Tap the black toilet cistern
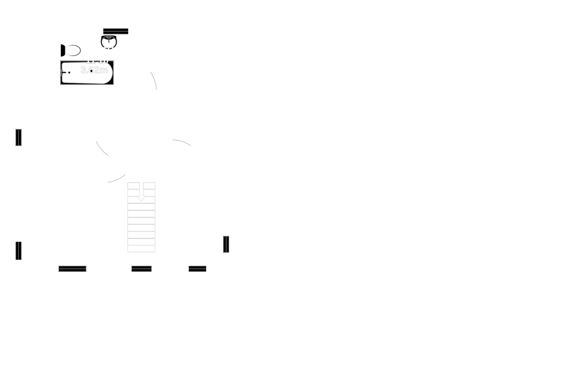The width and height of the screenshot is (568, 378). point(62,51)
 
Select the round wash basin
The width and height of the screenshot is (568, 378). point(108,42)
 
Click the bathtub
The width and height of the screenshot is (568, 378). point(87,73)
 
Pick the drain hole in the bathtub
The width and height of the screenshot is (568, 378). point(69,73)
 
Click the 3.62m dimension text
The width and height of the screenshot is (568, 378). point(94,70)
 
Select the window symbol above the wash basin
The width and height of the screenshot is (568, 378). point(116,31)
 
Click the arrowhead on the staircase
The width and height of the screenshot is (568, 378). point(141,199)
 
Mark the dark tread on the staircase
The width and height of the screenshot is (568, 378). point(141,233)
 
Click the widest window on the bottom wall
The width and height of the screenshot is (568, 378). point(72,269)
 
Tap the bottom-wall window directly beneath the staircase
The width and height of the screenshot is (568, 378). point(142,269)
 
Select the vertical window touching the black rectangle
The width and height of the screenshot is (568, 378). point(226,244)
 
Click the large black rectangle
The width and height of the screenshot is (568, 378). point(398,195)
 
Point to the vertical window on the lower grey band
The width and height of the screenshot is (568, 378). point(19,251)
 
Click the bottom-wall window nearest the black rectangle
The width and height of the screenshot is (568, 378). point(197,269)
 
